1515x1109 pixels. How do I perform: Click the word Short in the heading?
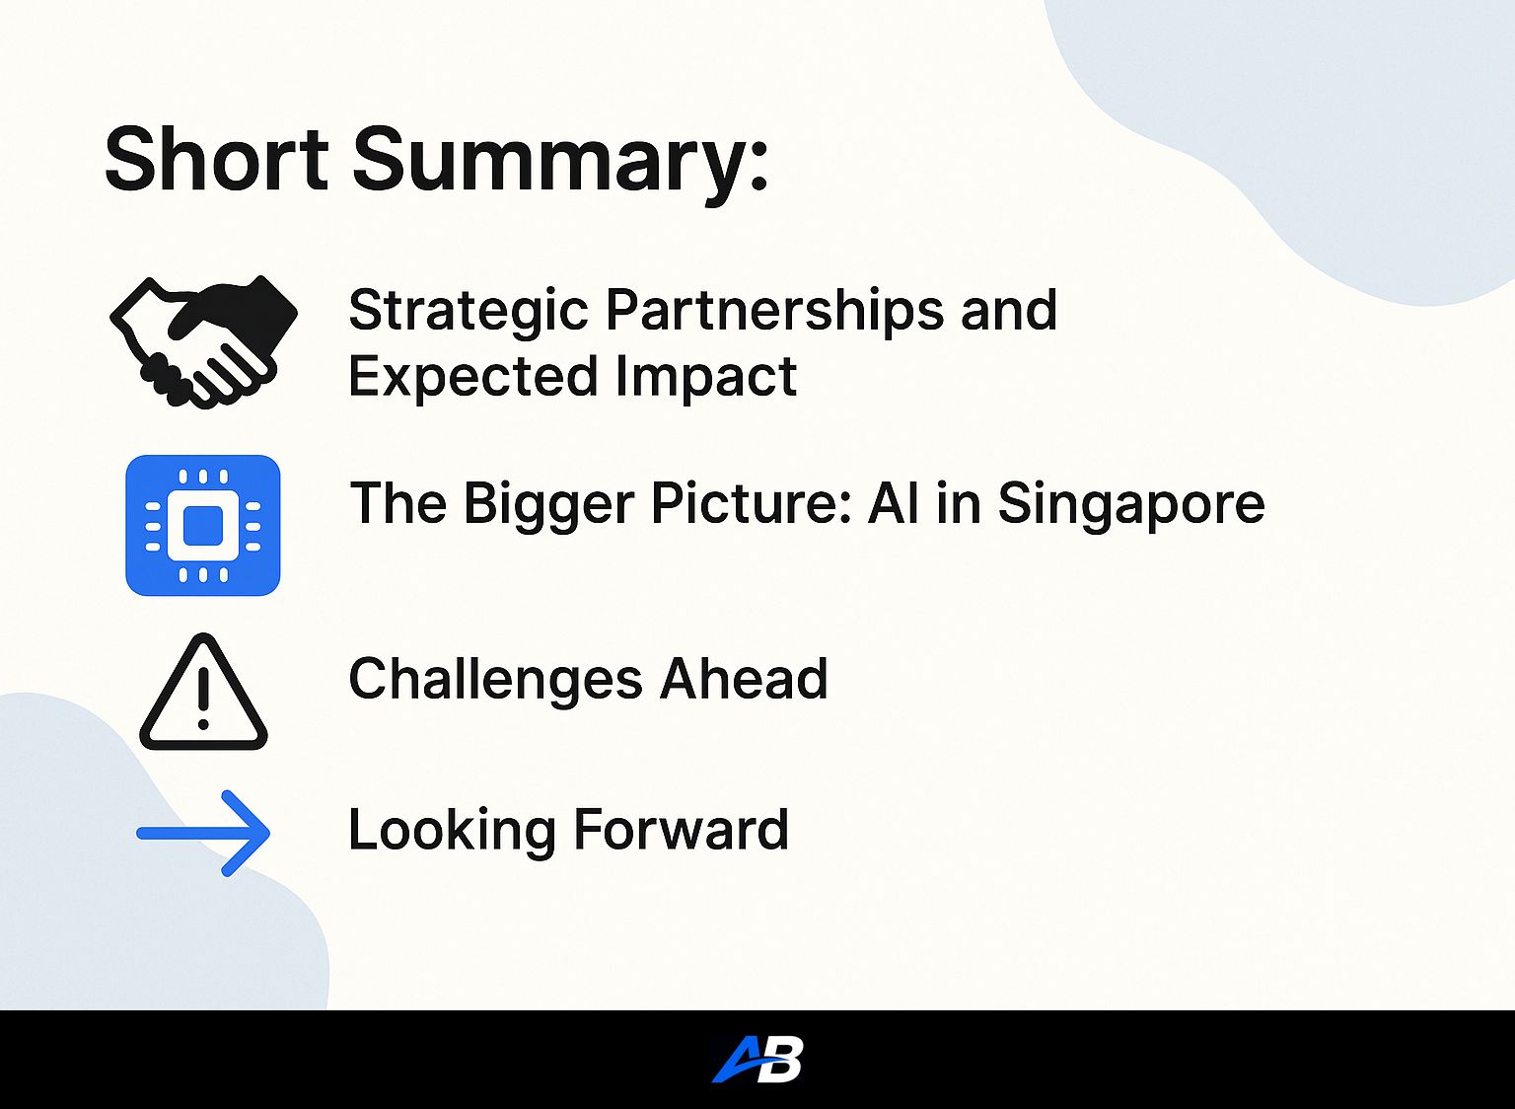point(216,160)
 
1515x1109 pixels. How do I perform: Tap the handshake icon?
point(203,341)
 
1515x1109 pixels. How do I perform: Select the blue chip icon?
point(203,525)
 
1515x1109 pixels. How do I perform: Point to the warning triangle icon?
point(203,693)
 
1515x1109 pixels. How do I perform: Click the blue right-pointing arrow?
point(203,833)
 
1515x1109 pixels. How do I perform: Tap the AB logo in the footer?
point(757,1059)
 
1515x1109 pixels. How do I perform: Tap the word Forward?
point(681,830)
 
